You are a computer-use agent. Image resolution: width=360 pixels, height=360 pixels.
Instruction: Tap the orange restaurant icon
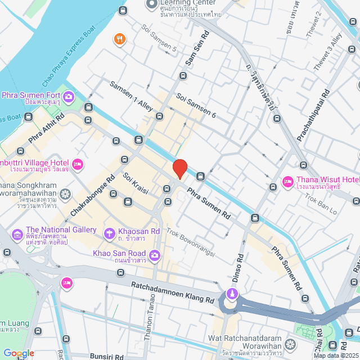(x=119, y=39)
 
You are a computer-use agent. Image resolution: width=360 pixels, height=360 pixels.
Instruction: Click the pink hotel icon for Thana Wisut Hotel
(x=287, y=182)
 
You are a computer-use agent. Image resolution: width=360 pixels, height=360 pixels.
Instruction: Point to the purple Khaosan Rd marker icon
(x=109, y=232)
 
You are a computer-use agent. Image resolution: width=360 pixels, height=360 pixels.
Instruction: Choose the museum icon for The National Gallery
(x=17, y=233)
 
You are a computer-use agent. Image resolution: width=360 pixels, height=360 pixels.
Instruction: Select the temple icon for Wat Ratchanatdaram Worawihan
(x=290, y=343)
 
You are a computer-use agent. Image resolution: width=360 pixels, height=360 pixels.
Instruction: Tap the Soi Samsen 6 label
(x=196, y=105)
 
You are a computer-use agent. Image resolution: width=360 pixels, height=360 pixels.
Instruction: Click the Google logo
(x=19, y=353)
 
